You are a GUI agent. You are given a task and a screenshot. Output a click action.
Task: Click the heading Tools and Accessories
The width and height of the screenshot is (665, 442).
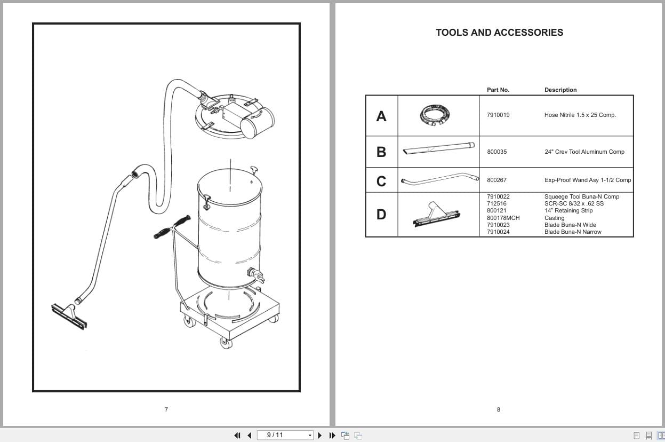pyautogui.click(x=499, y=33)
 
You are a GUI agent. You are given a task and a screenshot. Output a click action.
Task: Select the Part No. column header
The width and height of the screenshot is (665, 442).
pyautogui.click(x=498, y=90)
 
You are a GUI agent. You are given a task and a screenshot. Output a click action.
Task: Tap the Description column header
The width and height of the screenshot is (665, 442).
pyautogui.click(x=560, y=90)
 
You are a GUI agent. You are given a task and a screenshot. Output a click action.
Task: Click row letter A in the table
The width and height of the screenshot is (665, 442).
pyautogui.click(x=381, y=116)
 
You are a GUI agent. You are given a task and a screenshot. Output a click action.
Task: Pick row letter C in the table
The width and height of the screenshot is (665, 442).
pyautogui.click(x=381, y=181)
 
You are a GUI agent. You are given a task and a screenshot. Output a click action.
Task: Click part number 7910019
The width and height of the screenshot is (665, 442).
pyautogui.click(x=498, y=115)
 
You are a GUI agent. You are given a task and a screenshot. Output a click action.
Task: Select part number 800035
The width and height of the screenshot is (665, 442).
pyautogui.click(x=497, y=152)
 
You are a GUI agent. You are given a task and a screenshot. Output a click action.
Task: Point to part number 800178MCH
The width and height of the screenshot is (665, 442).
pyautogui.click(x=503, y=218)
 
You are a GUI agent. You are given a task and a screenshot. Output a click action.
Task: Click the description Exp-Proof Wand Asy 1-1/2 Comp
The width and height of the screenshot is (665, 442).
pyautogui.click(x=588, y=180)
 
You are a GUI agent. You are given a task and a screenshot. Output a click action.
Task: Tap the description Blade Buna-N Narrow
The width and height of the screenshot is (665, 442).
pyautogui.click(x=573, y=232)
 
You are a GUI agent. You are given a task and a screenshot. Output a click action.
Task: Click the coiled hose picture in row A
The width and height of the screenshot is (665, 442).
pyautogui.click(x=435, y=115)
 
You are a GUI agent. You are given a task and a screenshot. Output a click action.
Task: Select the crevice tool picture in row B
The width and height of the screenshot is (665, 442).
pyautogui.click(x=439, y=148)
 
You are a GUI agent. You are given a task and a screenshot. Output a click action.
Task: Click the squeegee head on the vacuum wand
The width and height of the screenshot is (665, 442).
pyautogui.click(x=69, y=316)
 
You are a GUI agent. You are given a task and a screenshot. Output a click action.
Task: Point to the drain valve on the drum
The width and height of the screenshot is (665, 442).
pyautogui.click(x=255, y=275)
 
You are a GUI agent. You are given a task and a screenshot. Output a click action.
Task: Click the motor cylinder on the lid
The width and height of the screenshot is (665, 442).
pyautogui.click(x=257, y=123)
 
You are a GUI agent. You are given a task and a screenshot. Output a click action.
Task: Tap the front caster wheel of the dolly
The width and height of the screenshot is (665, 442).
pyautogui.click(x=226, y=343)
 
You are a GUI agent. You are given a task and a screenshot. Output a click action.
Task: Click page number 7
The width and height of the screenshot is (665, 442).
pyautogui.click(x=166, y=409)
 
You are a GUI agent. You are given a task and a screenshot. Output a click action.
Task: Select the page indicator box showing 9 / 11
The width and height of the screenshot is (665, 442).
pyautogui.click(x=285, y=435)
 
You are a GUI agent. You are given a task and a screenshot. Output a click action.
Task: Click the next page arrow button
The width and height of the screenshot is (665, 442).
pyautogui.click(x=320, y=436)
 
